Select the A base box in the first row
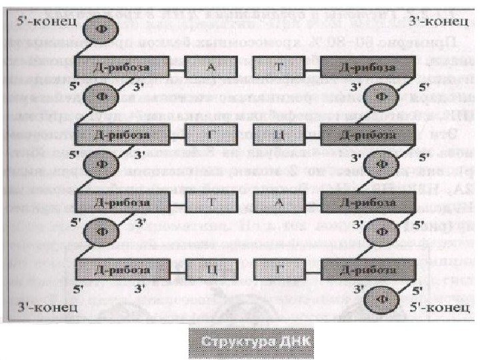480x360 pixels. point(211,67)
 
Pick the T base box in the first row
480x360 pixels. point(278,67)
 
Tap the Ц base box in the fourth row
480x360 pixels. point(211,270)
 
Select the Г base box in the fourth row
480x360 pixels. point(278,270)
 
